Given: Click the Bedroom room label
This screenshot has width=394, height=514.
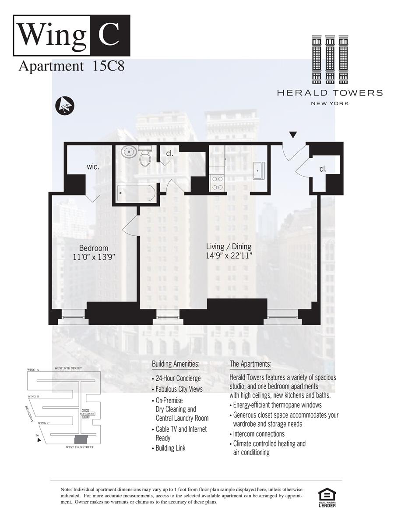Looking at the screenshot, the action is (x=94, y=248).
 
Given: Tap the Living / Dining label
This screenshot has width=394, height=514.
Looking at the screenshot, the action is (x=229, y=247).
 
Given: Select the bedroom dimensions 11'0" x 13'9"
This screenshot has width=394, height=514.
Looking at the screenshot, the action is (x=94, y=257).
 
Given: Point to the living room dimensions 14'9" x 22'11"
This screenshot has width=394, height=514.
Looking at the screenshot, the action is (x=229, y=256).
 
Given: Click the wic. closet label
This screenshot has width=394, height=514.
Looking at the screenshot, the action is (x=93, y=167).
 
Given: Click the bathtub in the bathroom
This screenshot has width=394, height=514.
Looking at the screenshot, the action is (x=136, y=193).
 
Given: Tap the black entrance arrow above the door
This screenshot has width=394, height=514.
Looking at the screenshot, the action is (x=293, y=135).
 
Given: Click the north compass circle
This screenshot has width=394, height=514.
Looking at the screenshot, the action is (x=65, y=106).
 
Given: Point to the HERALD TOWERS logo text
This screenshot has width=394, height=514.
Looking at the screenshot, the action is (x=330, y=93).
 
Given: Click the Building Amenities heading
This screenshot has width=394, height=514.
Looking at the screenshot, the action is (x=176, y=364).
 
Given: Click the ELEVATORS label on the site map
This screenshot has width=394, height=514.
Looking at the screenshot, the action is (x=87, y=414).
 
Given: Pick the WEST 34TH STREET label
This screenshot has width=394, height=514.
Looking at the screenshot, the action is (x=68, y=369).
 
